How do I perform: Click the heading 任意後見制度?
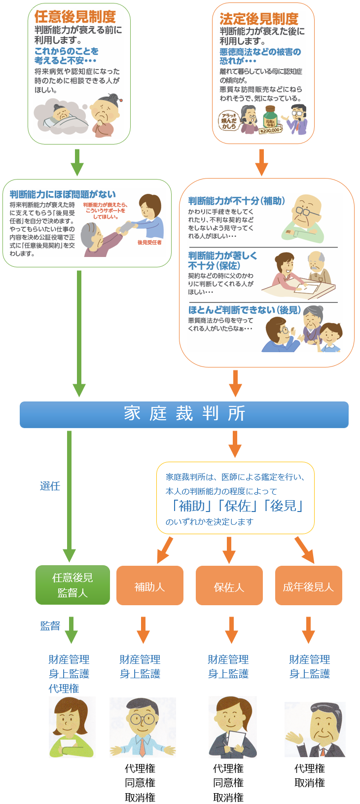[x=75, y=17]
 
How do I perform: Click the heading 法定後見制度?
[x=259, y=19]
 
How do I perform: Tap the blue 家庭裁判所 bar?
[x=184, y=414]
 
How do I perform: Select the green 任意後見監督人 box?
[x=72, y=585]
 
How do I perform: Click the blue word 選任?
[x=50, y=486]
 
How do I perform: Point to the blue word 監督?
[x=50, y=625]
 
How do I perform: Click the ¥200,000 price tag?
[x=270, y=130]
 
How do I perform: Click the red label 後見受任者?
[x=149, y=242]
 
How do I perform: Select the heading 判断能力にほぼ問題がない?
[x=63, y=194]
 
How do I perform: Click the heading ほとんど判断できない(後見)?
[x=244, y=310]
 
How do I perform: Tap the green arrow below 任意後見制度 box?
[x=77, y=161]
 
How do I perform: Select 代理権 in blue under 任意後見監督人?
[x=64, y=688]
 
